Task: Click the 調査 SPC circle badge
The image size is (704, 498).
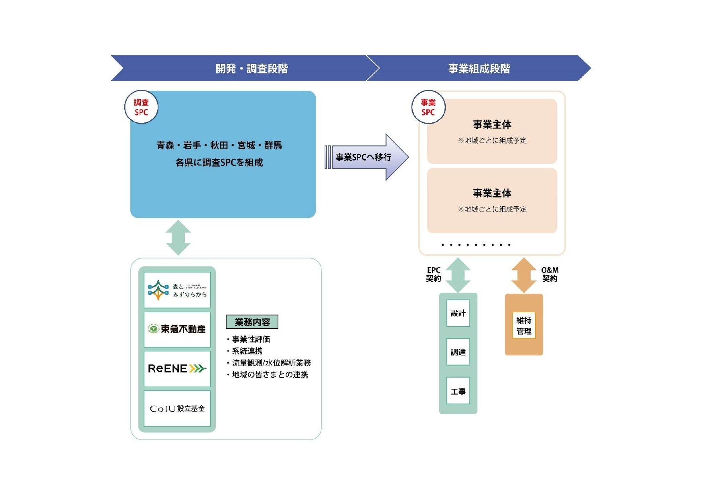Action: coord(141,107)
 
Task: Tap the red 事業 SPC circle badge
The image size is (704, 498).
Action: coord(428,107)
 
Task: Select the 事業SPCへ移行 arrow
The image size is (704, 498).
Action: coord(366,157)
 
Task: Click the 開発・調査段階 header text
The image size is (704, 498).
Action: coord(252,69)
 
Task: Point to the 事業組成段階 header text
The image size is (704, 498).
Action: coord(479,69)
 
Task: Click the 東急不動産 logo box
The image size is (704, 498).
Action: coord(177,329)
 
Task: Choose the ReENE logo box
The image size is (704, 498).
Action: coord(177,368)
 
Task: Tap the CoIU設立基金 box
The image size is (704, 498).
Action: coord(177,409)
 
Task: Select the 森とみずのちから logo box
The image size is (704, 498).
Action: coord(177,290)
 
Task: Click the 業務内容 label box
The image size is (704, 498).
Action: coord(252,322)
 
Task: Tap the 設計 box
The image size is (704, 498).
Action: coord(458,313)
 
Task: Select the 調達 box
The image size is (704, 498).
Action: coord(458,352)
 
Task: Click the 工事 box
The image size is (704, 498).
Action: coord(458,391)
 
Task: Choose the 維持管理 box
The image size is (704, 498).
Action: coord(523,325)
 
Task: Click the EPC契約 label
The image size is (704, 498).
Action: coord(433,274)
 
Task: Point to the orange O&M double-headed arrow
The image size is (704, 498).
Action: coord(523,275)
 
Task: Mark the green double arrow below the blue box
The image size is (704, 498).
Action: coord(178,238)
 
